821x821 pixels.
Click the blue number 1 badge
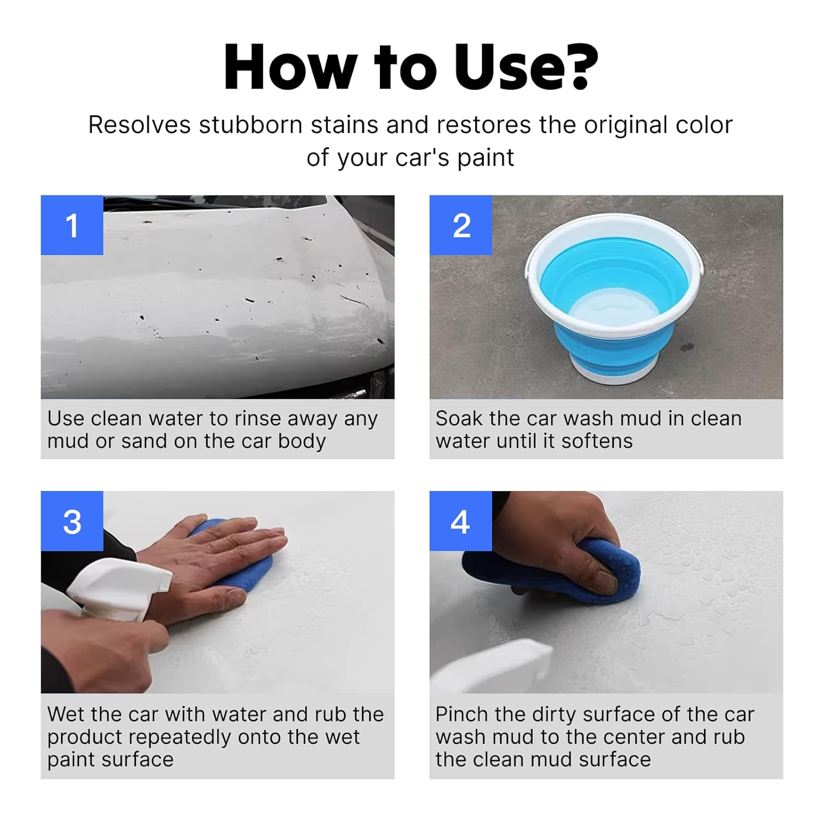[x=72, y=225]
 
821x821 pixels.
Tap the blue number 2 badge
[x=461, y=225]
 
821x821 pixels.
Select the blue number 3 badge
[x=72, y=521]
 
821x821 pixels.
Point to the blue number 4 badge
[x=461, y=521]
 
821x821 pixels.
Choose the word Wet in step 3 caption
[x=67, y=714]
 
